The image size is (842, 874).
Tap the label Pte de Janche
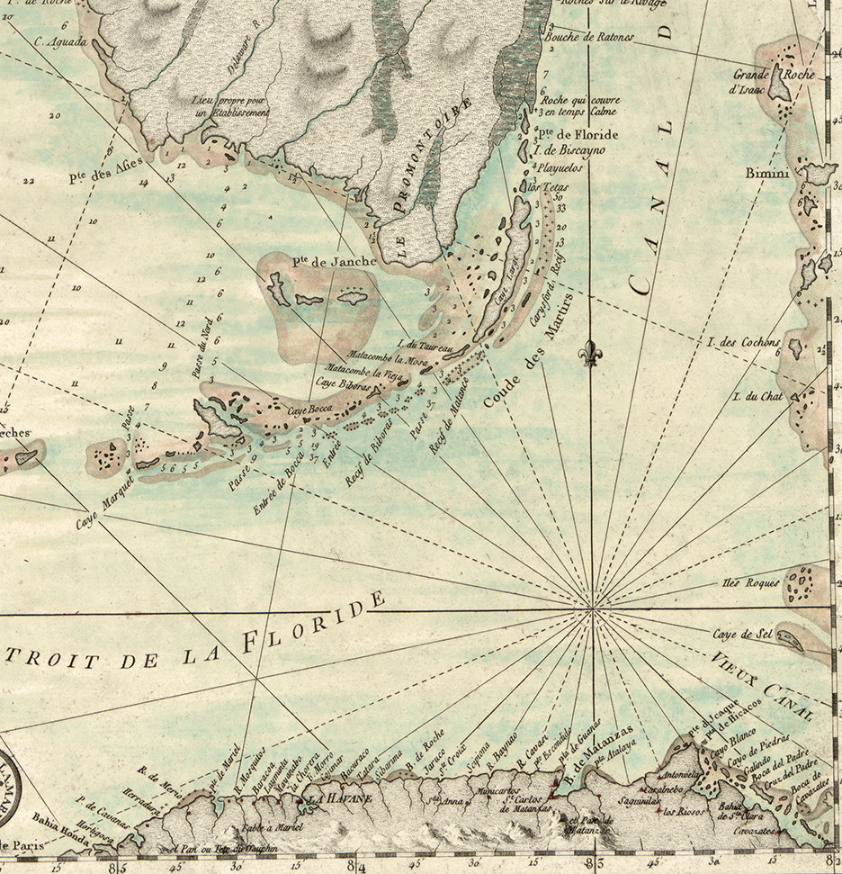(320, 261)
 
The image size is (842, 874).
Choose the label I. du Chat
(759, 396)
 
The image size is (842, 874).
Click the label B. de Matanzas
(599, 759)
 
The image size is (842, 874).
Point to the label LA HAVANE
(334, 797)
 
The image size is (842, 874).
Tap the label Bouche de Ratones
(589, 37)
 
